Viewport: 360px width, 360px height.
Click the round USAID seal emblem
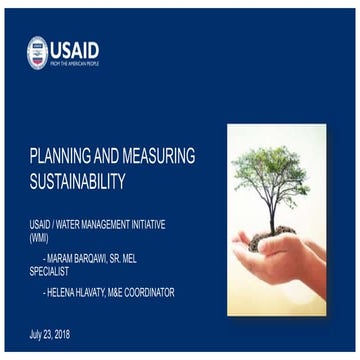37,53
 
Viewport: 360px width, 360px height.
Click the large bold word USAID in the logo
75,50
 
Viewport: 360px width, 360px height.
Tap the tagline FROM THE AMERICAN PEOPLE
75,63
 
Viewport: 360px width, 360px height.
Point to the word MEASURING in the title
159,156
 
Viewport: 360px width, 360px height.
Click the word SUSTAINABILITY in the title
77,181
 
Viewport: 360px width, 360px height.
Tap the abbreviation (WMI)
39,239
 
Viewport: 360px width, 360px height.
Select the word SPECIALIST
49,272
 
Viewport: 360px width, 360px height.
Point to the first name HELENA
60,293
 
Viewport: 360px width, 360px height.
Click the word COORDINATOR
151,293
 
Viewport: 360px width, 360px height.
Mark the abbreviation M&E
117,293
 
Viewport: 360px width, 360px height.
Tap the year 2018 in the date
62,334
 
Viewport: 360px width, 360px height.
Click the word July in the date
35,335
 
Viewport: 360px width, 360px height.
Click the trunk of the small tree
272,213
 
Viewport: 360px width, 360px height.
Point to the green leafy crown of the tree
271,174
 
